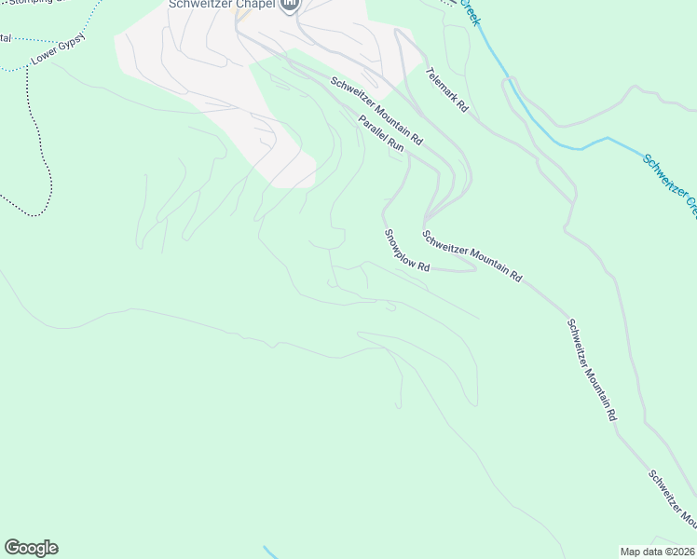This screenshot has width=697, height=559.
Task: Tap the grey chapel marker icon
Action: [x=290, y=5]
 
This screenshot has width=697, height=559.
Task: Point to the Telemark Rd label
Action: [x=446, y=90]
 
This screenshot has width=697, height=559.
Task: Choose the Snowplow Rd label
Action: [x=406, y=250]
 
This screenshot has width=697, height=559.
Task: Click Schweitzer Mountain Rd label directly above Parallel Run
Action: [x=376, y=111]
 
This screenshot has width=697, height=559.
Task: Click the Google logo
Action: [x=31, y=548]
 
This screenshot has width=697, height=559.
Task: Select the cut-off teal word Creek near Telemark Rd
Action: [x=468, y=11]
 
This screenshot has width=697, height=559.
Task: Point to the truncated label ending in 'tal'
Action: [x=6, y=38]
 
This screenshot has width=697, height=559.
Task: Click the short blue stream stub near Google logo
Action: [x=269, y=552]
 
